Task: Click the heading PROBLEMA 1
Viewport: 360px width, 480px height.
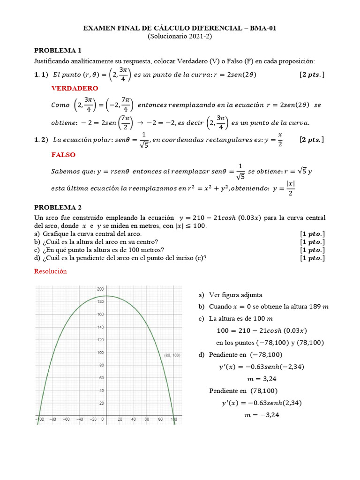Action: click(58, 50)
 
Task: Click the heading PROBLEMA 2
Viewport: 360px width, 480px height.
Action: click(58, 207)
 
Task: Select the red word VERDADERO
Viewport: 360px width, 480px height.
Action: click(75, 88)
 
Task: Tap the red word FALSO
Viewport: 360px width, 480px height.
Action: click(63, 155)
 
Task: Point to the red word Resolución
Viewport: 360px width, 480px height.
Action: click(51, 271)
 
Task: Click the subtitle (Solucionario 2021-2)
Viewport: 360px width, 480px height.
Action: click(180, 36)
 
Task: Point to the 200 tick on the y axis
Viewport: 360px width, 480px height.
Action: click(100, 289)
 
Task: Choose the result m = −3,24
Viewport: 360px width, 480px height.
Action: click(261, 414)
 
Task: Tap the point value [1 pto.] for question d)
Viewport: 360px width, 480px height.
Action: click(312, 258)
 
